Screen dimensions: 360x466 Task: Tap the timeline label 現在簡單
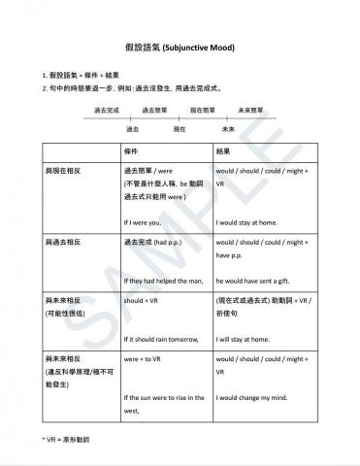[203, 111]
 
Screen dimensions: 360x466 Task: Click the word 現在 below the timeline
[180, 128]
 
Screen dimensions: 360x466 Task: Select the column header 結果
[224, 152]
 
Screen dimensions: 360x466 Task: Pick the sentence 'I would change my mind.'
[253, 398]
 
